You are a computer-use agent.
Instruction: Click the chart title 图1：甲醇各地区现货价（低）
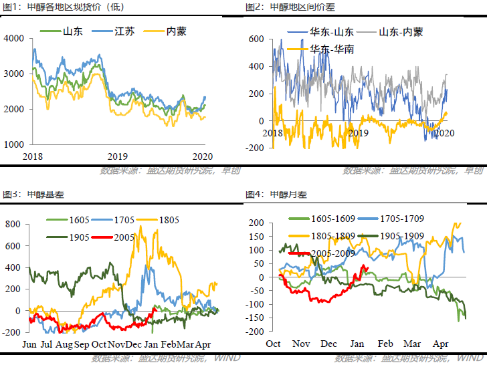coord(57,7)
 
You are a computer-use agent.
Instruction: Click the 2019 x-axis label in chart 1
coord(117,156)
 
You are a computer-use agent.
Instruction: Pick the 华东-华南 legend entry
coord(332,49)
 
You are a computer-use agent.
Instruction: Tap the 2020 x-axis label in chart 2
coord(445,133)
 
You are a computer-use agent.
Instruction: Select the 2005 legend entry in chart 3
coord(123,237)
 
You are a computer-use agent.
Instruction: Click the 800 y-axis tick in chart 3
coord(13,224)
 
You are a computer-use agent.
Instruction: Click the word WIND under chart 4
coord(468,359)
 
